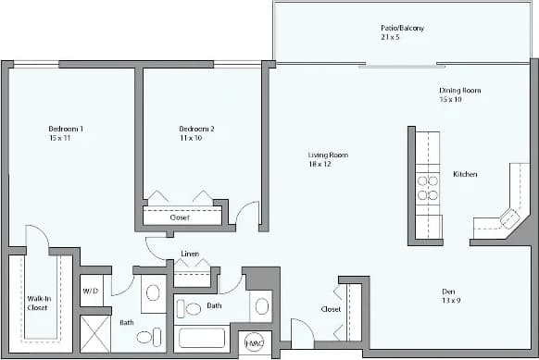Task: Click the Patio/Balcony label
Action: coord(402,28)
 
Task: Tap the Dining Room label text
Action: coord(459,90)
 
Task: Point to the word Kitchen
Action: coord(465,174)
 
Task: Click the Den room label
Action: coord(449,291)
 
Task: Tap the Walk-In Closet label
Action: coord(37,304)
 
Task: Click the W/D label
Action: coord(91,291)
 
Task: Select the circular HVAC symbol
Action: coord(254,343)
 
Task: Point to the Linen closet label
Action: coord(189,254)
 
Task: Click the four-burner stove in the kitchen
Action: coord(428,188)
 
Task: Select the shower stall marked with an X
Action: coord(94,331)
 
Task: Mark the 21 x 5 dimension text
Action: coord(402,38)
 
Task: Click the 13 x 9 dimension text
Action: coord(449,301)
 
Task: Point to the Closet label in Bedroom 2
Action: coord(180,217)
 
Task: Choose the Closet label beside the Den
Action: coord(331,309)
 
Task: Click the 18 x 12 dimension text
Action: coord(320,165)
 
